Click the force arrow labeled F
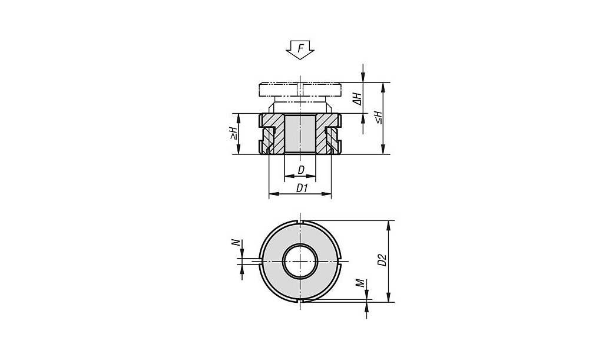click(300, 49)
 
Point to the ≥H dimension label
click(234, 133)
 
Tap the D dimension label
click(301, 170)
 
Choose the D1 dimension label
click(302, 188)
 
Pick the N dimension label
click(236, 243)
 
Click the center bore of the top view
click(300, 261)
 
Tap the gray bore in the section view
click(300, 133)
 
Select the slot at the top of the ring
click(300, 222)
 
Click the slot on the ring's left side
click(260, 261)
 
